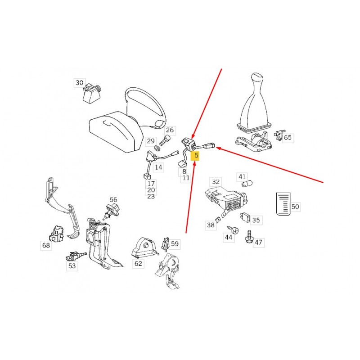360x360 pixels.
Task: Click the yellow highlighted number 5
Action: click(196, 155)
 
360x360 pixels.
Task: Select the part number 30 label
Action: click(80, 83)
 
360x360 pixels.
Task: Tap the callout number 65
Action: click(288, 138)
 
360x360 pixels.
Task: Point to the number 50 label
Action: click(295, 207)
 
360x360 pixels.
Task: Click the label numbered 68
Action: click(46, 245)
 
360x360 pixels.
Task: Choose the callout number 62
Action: click(138, 263)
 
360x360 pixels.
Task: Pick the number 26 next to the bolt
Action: click(170, 130)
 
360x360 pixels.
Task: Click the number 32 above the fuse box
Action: click(216, 182)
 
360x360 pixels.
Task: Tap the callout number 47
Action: click(258, 243)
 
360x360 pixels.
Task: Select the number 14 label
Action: click(158, 167)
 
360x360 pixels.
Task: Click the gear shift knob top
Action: click(258, 77)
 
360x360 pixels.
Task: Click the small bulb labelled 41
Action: click(247, 184)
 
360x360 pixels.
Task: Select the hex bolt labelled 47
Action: click(249, 238)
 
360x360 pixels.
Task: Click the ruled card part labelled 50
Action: click(283, 204)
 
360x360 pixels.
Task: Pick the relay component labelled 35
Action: click(245, 216)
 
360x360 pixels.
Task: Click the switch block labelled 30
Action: click(91, 93)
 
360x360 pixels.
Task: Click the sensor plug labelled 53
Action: click(75, 256)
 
